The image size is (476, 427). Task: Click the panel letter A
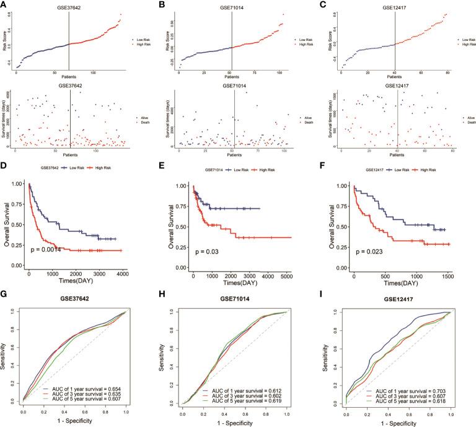[x=4, y=4]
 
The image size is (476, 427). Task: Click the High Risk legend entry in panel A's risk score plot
[x=141, y=46]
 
